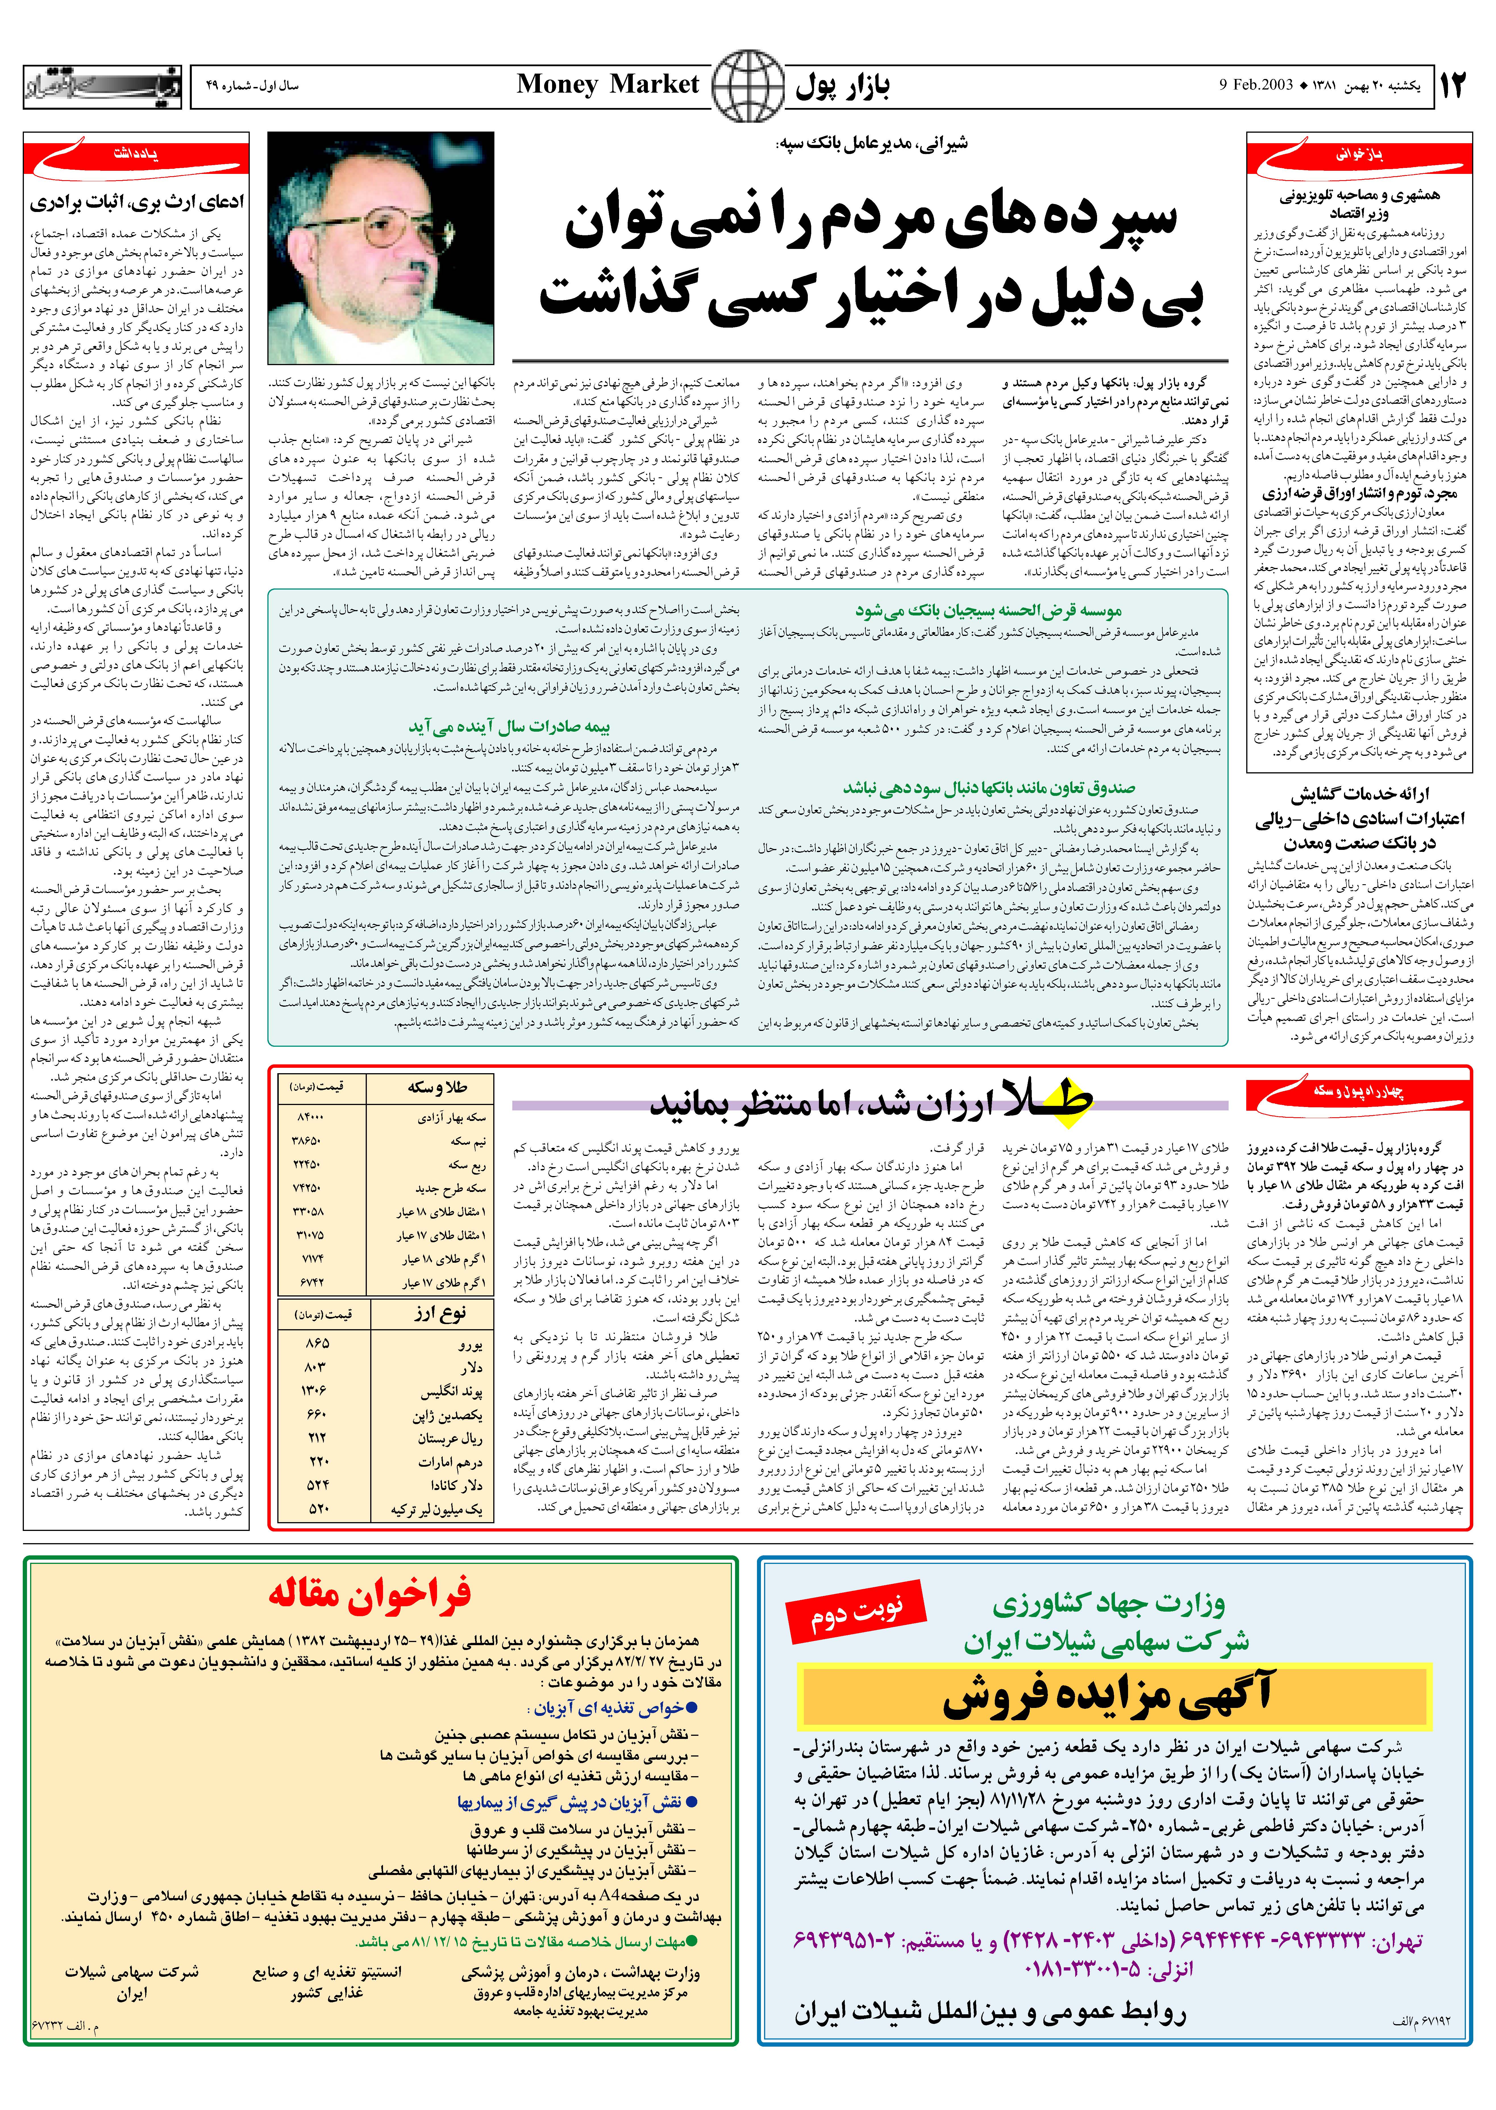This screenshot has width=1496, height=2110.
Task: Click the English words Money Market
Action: click(608, 85)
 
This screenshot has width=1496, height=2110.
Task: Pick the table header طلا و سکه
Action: click(437, 1088)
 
